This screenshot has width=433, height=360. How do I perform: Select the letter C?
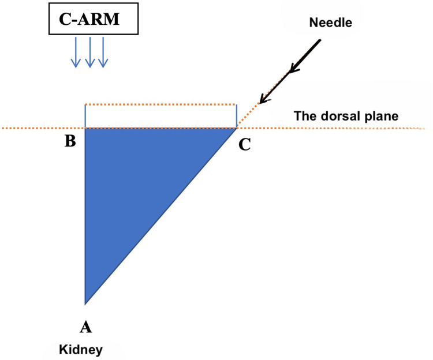(245, 144)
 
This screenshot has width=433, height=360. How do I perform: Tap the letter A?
(85, 327)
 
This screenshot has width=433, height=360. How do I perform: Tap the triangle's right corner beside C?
(235, 129)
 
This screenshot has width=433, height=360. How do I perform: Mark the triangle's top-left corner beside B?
(86, 129)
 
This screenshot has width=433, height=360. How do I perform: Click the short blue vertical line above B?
(85, 117)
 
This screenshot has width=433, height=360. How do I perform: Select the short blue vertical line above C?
(236, 117)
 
